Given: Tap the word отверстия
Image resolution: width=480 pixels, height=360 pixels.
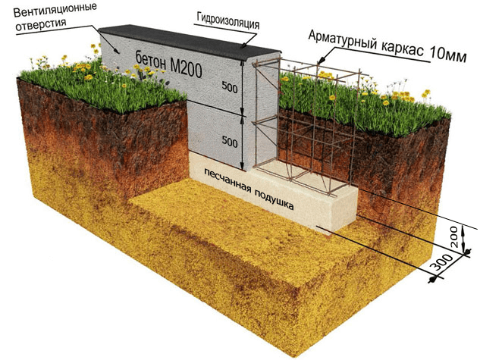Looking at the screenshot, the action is click(x=41, y=25).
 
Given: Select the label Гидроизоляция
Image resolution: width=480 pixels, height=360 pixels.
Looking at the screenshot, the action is click(x=227, y=21).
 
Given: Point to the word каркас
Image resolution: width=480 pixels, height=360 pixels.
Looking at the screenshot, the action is click(x=403, y=49).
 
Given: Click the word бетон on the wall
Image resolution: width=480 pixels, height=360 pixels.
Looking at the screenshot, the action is click(x=151, y=61).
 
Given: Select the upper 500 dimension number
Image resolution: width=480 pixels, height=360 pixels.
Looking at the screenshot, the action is click(x=230, y=89).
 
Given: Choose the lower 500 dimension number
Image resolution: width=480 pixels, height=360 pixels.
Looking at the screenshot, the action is click(x=230, y=142).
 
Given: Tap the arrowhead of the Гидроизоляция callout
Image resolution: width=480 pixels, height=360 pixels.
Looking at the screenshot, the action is click(x=244, y=45).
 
